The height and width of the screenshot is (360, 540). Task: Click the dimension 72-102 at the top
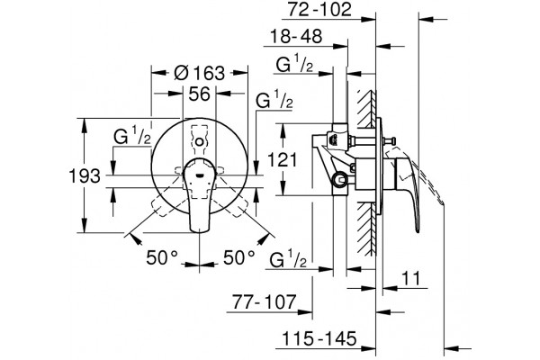click(x=319, y=9)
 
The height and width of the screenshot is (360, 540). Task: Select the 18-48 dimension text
click(x=296, y=36)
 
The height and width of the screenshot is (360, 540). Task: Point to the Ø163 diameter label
click(x=200, y=73)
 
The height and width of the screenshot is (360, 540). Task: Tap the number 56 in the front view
click(x=200, y=94)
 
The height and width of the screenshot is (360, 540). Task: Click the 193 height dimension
click(x=85, y=176)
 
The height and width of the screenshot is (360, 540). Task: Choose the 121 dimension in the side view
click(x=282, y=160)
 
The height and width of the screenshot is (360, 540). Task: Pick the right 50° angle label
click(x=239, y=257)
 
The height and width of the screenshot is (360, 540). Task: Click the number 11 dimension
click(x=411, y=278)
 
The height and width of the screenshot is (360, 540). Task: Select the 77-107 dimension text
click(x=264, y=302)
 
